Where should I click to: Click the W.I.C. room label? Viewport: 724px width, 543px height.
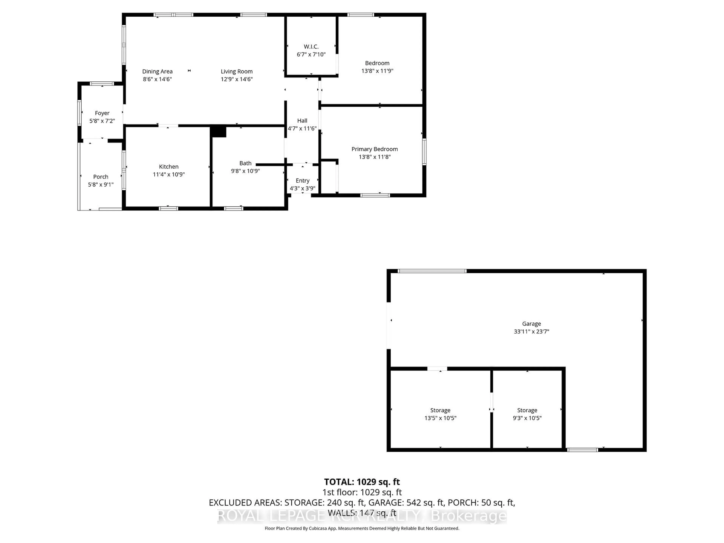pyautogui.click(x=311, y=47)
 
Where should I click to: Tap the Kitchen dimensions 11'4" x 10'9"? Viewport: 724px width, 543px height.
pyautogui.click(x=169, y=174)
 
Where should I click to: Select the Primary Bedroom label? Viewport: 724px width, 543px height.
pyautogui.click(x=374, y=149)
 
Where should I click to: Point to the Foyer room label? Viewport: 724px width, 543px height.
pyautogui.click(x=102, y=113)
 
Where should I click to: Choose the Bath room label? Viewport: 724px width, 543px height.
pyautogui.click(x=245, y=163)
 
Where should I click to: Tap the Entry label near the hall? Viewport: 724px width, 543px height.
pyautogui.click(x=302, y=180)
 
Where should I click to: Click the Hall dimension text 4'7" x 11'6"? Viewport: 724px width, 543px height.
pyautogui.click(x=302, y=128)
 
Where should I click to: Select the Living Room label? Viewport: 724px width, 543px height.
pyautogui.click(x=236, y=71)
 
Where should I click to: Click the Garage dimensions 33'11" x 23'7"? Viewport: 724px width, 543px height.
pyautogui.click(x=531, y=331)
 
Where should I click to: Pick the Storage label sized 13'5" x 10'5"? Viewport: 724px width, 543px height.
pyautogui.click(x=440, y=410)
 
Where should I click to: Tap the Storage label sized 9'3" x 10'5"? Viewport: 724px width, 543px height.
pyautogui.click(x=527, y=410)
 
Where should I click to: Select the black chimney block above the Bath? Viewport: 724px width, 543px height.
pyautogui.click(x=218, y=132)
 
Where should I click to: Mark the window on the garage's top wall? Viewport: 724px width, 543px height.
pyautogui.click(x=432, y=271)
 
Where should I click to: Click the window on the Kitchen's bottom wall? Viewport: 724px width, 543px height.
pyautogui.click(x=168, y=208)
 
